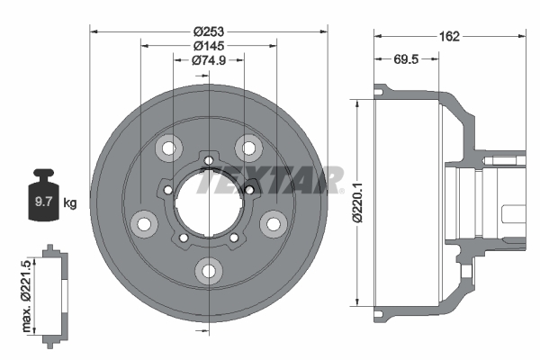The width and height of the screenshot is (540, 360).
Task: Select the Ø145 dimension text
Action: click(x=209, y=44)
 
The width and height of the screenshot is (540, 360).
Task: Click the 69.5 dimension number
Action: click(x=407, y=59)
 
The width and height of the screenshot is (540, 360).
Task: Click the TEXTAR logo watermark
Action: click(x=270, y=180)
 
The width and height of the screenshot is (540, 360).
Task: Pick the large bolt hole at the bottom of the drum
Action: click(x=209, y=269)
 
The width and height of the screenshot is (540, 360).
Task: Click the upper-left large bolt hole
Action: click(x=167, y=147)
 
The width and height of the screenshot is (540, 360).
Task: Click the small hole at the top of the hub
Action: click(x=209, y=161)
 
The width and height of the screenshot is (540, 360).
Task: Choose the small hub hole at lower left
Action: click(x=183, y=238)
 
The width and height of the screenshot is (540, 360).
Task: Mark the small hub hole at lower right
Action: click(x=234, y=238)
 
